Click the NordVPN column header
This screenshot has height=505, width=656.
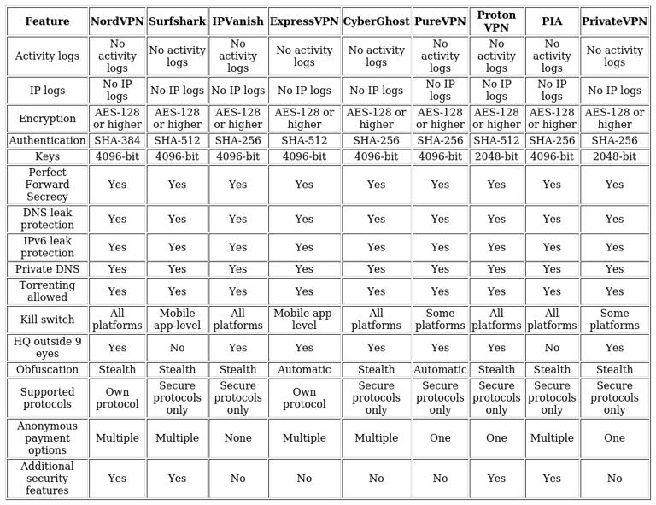coord(117,21)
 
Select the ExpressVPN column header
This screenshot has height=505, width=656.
coord(304,21)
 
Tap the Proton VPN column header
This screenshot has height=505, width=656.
coord(496,21)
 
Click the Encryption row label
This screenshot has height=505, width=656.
coord(47,119)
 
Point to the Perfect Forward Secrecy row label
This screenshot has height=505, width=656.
coord(47,185)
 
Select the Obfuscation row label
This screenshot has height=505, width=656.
coord(47,370)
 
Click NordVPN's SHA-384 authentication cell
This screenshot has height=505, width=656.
coord(117,140)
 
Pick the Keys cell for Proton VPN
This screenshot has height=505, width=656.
coord(496,156)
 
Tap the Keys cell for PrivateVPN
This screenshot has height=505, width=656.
coord(614,156)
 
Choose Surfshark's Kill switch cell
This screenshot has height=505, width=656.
coord(177,320)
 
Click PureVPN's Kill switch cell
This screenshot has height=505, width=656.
coord(440,320)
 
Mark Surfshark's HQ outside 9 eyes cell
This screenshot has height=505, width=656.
coord(177,348)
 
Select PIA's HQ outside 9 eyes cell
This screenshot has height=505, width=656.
coord(552,348)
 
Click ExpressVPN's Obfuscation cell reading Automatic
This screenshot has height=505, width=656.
coord(304,370)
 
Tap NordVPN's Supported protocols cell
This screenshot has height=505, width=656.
coord(117,398)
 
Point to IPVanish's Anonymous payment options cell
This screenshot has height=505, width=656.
coord(237,438)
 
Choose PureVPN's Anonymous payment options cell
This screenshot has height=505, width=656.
coord(440,438)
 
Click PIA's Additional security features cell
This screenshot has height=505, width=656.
coord(552,479)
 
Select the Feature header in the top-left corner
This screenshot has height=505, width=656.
coord(47,21)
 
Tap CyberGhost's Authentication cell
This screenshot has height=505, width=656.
coord(376,140)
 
